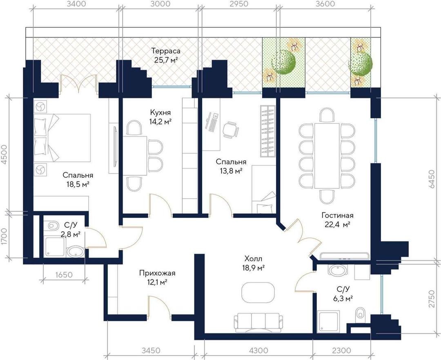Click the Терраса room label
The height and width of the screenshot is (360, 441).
tap(166, 51)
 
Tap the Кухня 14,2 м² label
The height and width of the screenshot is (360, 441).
tap(160, 117)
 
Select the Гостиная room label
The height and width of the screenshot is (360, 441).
tap(337, 216)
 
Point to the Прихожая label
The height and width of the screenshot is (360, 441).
tap(157, 273)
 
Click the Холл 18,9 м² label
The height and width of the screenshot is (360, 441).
tap(254, 263)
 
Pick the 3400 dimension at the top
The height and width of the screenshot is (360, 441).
tap(75, 4)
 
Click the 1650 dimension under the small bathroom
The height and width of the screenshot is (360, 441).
tap(64, 275)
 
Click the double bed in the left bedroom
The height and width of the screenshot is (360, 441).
tap(62, 138)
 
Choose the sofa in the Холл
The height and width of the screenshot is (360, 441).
tap(258, 322)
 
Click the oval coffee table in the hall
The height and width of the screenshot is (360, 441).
tap(258, 292)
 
